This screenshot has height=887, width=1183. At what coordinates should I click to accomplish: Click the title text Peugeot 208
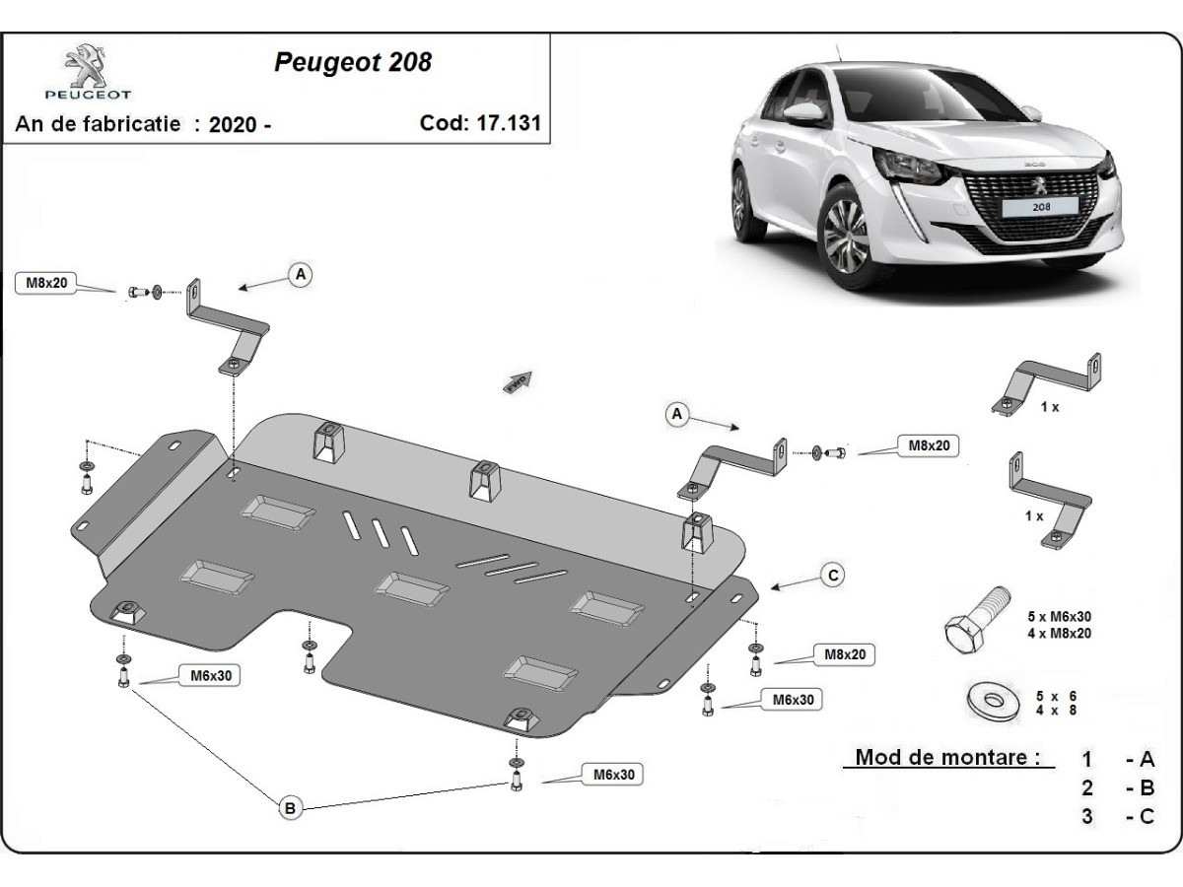coord(352,62)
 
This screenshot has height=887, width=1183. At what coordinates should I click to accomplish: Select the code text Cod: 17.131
coord(480,123)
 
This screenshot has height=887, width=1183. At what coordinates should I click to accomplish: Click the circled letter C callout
coord(833,576)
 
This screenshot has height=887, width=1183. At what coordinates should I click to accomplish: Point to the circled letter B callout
coord(290,808)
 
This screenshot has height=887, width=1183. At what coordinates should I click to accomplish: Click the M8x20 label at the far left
coord(46,284)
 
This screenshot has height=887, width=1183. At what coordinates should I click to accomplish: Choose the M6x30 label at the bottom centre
coord(612,775)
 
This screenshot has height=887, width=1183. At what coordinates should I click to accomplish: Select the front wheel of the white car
coord(846,237)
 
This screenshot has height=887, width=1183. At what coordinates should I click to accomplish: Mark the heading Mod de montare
coord(946,758)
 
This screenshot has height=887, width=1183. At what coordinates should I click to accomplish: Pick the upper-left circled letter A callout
coord(300,274)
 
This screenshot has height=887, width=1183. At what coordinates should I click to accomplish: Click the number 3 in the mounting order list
coord(1087,816)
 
